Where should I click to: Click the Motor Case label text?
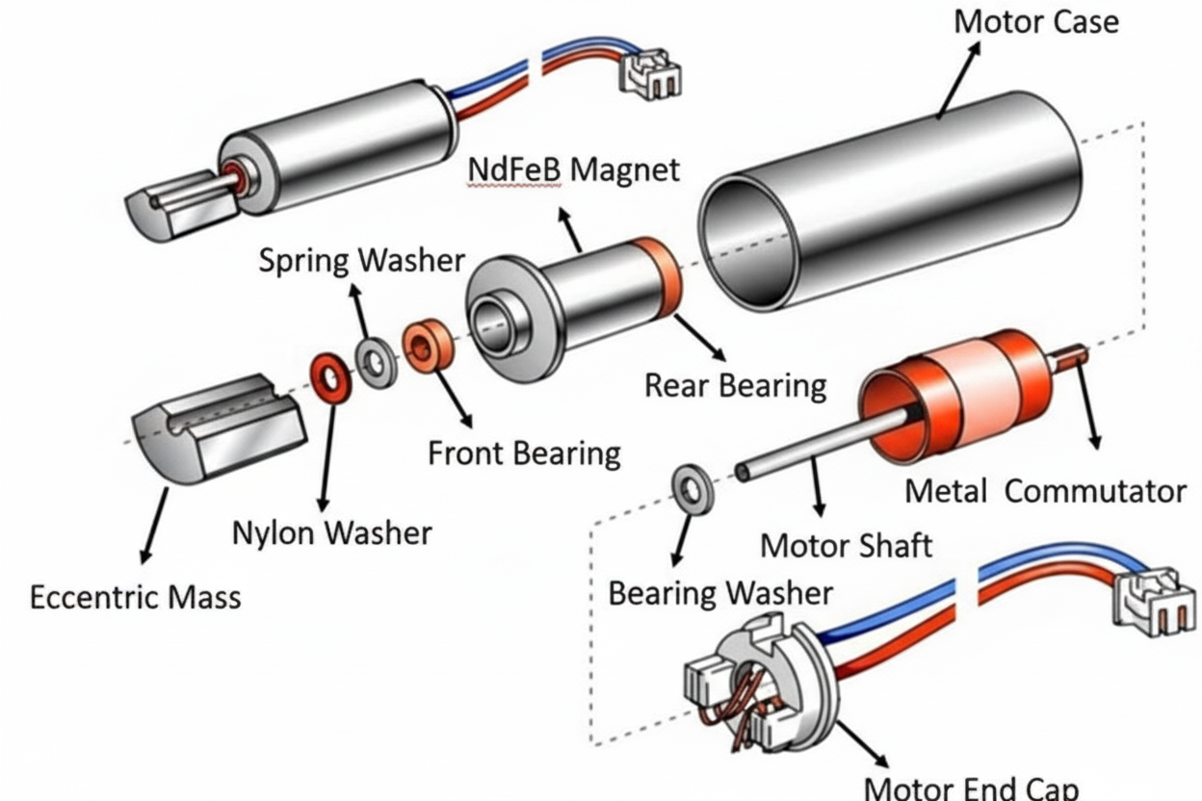pyautogui.click(x=1035, y=21)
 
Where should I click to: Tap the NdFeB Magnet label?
pyautogui.click(x=573, y=169)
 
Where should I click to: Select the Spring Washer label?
pyautogui.click(x=361, y=260)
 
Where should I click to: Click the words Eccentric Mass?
pyautogui.click(x=135, y=597)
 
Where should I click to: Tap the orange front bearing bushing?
pyautogui.click(x=429, y=347)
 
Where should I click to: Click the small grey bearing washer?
pyautogui.click(x=692, y=488)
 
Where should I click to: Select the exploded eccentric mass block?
pyautogui.click(x=220, y=426)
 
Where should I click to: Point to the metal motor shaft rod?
pyautogui.click(x=819, y=444)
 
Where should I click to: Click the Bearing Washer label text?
pyautogui.click(x=719, y=592)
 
